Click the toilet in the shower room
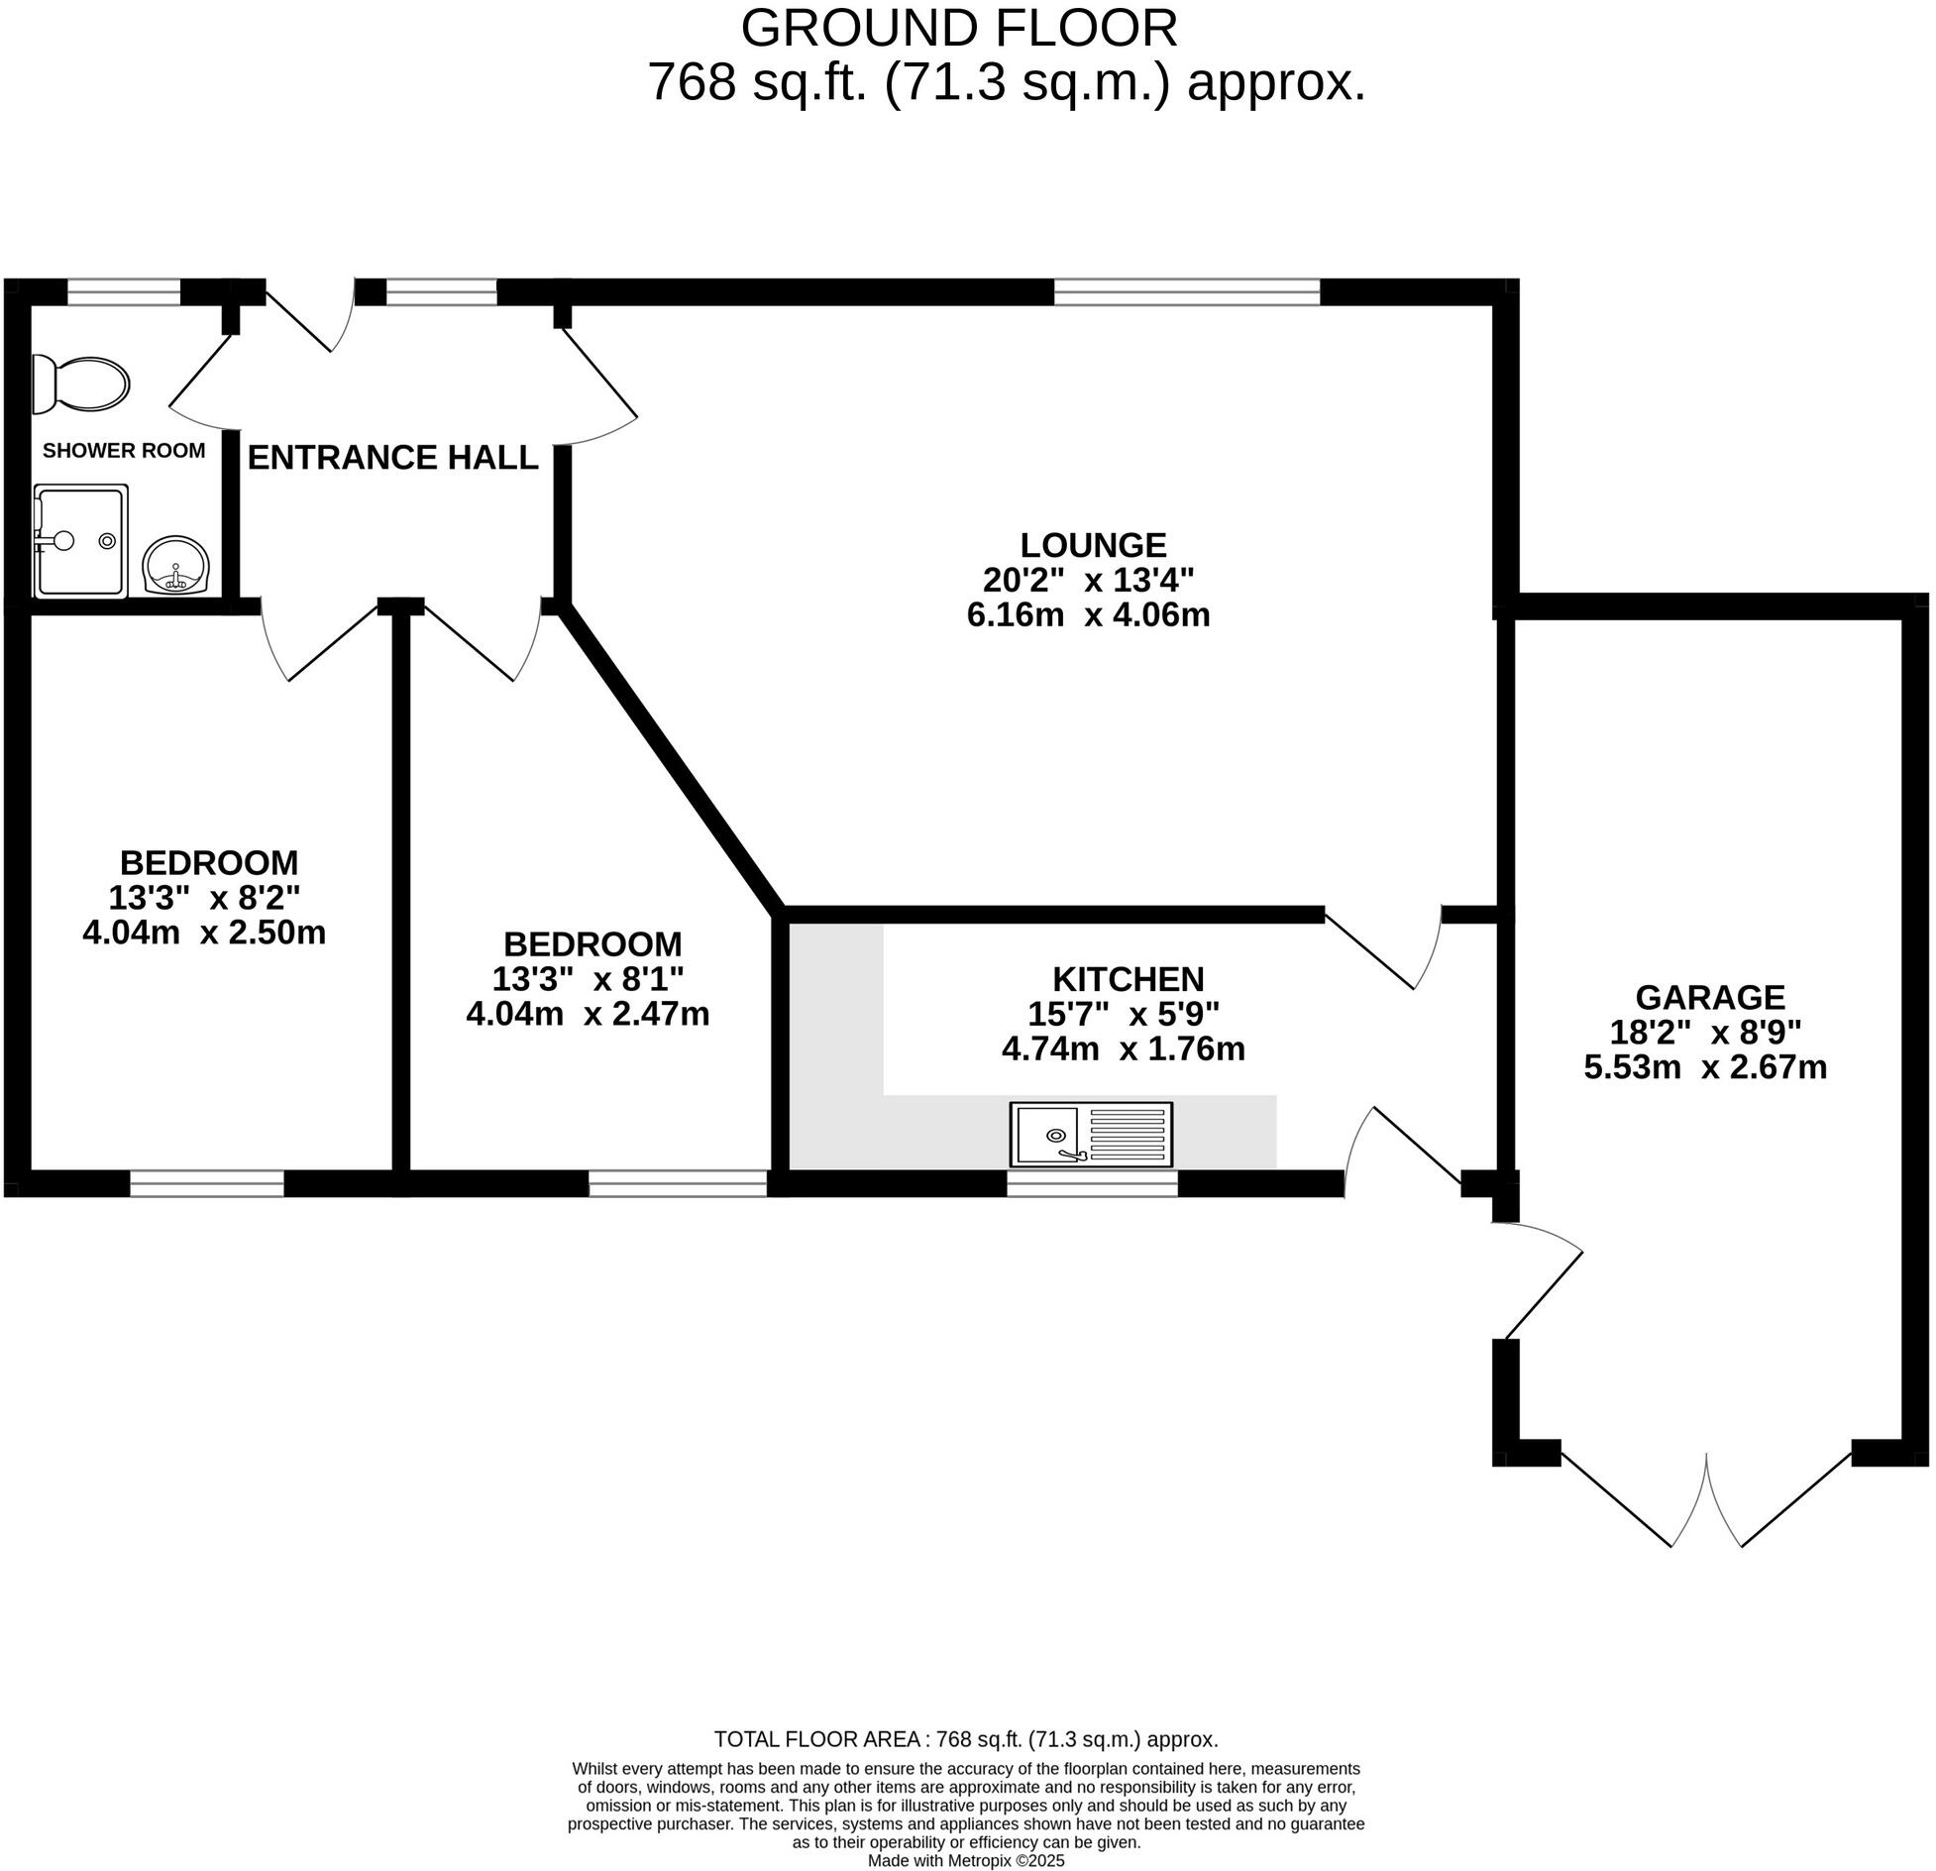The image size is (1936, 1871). click(80, 384)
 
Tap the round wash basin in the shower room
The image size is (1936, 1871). click(176, 565)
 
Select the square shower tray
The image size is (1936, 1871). click(80, 541)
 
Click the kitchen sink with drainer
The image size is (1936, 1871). click(1091, 1134)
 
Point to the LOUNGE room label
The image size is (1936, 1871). click(1093, 545)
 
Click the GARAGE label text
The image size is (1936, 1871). click(1709, 997)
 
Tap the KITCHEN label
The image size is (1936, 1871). click(1128, 979)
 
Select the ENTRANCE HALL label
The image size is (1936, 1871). click(392, 457)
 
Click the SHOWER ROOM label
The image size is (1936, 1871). click(124, 451)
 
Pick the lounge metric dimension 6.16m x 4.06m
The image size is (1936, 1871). click(1088, 614)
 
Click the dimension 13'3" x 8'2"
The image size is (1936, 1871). click(203, 897)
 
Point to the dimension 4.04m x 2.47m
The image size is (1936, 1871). click(588, 1014)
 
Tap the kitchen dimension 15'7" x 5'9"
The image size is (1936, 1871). click(1123, 1014)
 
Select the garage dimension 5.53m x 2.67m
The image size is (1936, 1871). click(1705, 1066)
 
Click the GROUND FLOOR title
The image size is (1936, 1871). click(959, 28)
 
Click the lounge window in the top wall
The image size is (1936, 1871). click(1187, 291)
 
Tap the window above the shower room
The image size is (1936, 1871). click(124, 291)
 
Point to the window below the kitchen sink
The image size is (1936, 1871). click(1093, 1183)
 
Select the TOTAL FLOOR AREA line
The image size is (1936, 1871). click(966, 1738)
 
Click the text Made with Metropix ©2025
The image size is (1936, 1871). click(966, 1860)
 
